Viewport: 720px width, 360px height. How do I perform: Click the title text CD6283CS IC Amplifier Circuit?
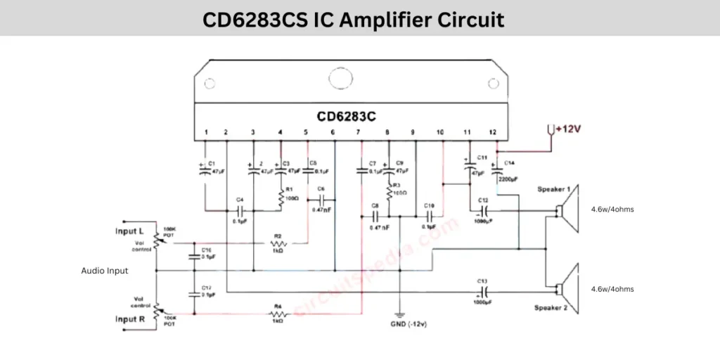click(x=353, y=19)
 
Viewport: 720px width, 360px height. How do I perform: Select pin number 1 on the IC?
click(x=205, y=132)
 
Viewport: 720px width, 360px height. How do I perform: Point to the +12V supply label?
click(x=570, y=129)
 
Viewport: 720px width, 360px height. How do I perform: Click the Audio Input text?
click(x=105, y=270)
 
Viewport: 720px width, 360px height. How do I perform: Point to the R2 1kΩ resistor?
click(x=277, y=244)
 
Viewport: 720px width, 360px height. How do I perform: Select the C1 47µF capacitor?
click(x=205, y=168)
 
